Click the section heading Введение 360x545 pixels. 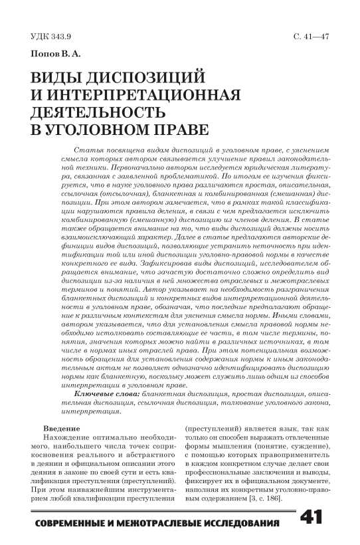(56, 429)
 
